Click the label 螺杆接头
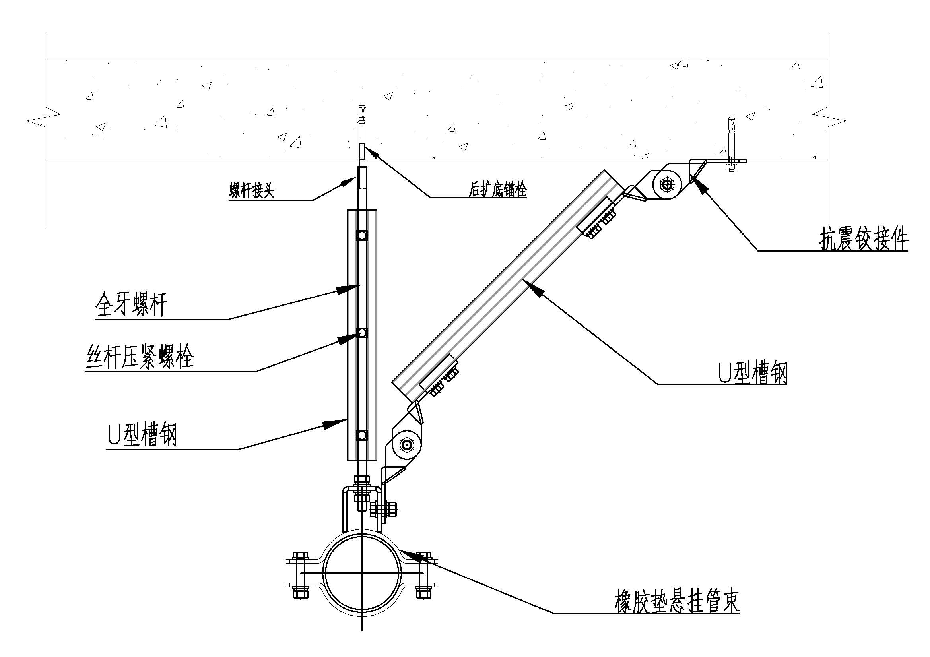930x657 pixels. point(252,190)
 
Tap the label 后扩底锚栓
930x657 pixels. point(498,189)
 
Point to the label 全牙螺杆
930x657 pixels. point(131,305)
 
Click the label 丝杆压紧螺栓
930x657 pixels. point(140,357)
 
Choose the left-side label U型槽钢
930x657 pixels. point(142,435)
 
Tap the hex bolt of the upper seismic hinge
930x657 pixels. point(667,184)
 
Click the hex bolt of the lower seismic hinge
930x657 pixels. point(406,445)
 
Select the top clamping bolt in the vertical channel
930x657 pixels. point(362,235)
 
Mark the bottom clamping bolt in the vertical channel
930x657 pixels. point(362,435)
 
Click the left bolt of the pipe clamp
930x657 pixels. point(300,574)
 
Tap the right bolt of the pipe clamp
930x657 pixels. point(423,574)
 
